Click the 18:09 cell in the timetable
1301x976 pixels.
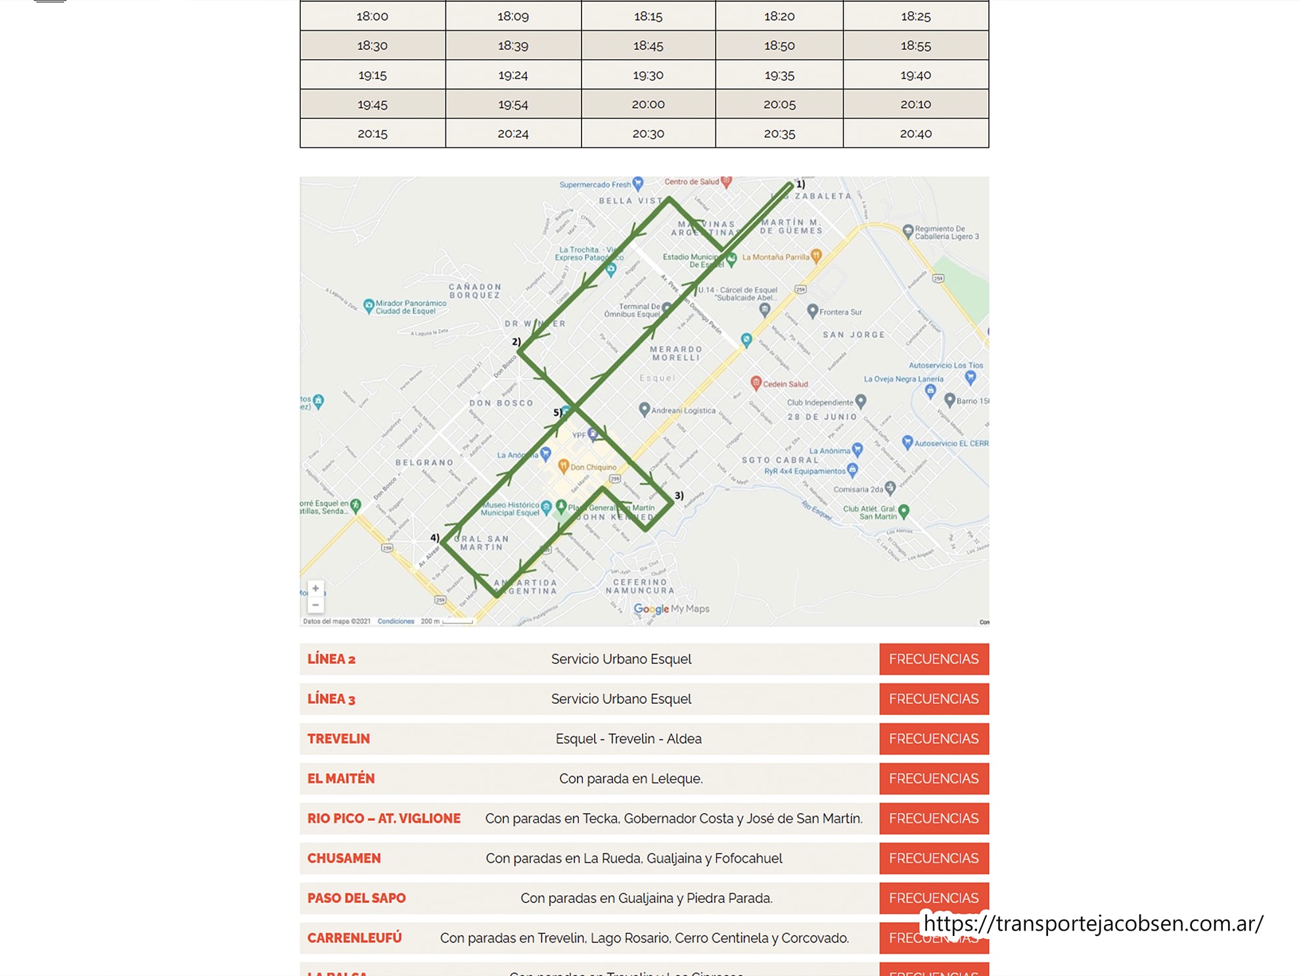(x=513, y=16)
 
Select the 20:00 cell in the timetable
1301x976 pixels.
(x=648, y=105)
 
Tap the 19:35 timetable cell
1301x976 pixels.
(x=779, y=75)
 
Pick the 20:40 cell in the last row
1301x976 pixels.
(x=915, y=133)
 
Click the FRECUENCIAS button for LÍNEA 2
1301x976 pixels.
(x=933, y=659)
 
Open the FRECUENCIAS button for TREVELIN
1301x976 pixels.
(x=933, y=739)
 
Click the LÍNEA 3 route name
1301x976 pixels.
(x=331, y=699)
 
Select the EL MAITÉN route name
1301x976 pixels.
(x=340, y=779)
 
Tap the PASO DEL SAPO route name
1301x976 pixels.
(x=356, y=898)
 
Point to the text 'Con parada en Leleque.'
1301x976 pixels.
(x=630, y=779)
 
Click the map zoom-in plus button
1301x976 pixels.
(x=315, y=588)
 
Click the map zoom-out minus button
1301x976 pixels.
(x=315, y=605)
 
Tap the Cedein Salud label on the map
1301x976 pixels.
(x=785, y=384)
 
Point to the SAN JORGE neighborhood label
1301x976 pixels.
(x=854, y=335)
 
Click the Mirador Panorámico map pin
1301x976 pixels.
(x=369, y=305)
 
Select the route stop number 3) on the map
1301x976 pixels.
(x=679, y=496)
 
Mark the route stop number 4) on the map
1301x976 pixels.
(x=434, y=538)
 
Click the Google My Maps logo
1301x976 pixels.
(x=671, y=609)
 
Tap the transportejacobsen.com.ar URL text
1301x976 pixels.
(x=1092, y=923)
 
